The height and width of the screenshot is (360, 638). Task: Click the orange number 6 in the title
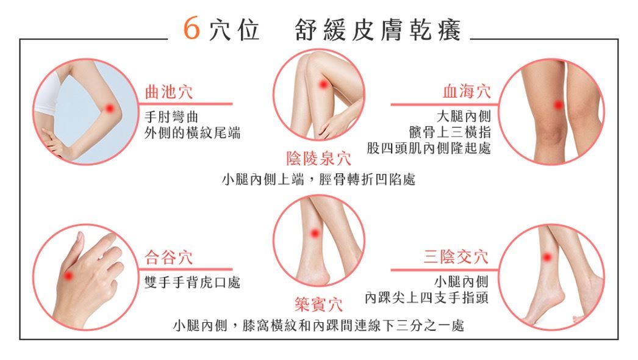pyautogui.click(x=192, y=28)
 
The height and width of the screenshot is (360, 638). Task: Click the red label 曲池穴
pyautogui.click(x=169, y=92)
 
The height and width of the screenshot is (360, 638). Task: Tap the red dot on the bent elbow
pyautogui.click(x=109, y=109)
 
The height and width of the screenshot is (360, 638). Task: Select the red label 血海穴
pyautogui.click(x=467, y=92)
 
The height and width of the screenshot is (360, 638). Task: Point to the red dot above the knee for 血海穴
pyautogui.click(x=559, y=105)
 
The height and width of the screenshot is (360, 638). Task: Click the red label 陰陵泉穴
pyautogui.click(x=318, y=159)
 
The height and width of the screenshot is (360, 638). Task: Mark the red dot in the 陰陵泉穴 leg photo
pyautogui.click(x=323, y=85)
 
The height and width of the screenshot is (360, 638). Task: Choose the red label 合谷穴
pyautogui.click(x=168, y=257)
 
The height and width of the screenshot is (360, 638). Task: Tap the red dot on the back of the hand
pyautogui.click(x=68, y=276)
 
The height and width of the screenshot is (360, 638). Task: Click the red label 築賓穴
pyautogui.click(x=318, y=304)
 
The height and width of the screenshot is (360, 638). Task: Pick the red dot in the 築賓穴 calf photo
pyautogui.click(x=315, y=234)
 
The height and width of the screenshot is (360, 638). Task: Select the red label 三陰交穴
pyautogui.click(x=456, y=257)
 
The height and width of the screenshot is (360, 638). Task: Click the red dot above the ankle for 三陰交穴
pyautogui.click(x=547, y=257)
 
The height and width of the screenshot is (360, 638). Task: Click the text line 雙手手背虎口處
pyautogui.click(x=193, y=283)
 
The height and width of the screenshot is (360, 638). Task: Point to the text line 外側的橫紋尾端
pyautogui.click(x=193, y=133)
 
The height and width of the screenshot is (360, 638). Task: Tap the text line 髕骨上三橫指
pyautogui.click(x=450, y=132)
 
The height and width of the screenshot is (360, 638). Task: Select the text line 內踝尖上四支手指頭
pyautogui.click(x=427, y=298)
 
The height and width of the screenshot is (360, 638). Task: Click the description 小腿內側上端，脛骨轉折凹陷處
pyautogui.click(x=318, y=179)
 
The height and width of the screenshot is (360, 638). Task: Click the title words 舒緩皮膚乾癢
pyautogui.click(x=378, y=30)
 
